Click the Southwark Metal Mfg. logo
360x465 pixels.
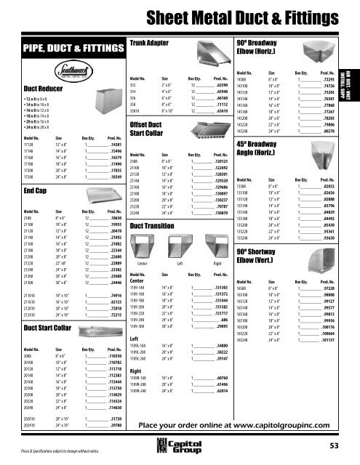pyautogui.click(x=76, y=74)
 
